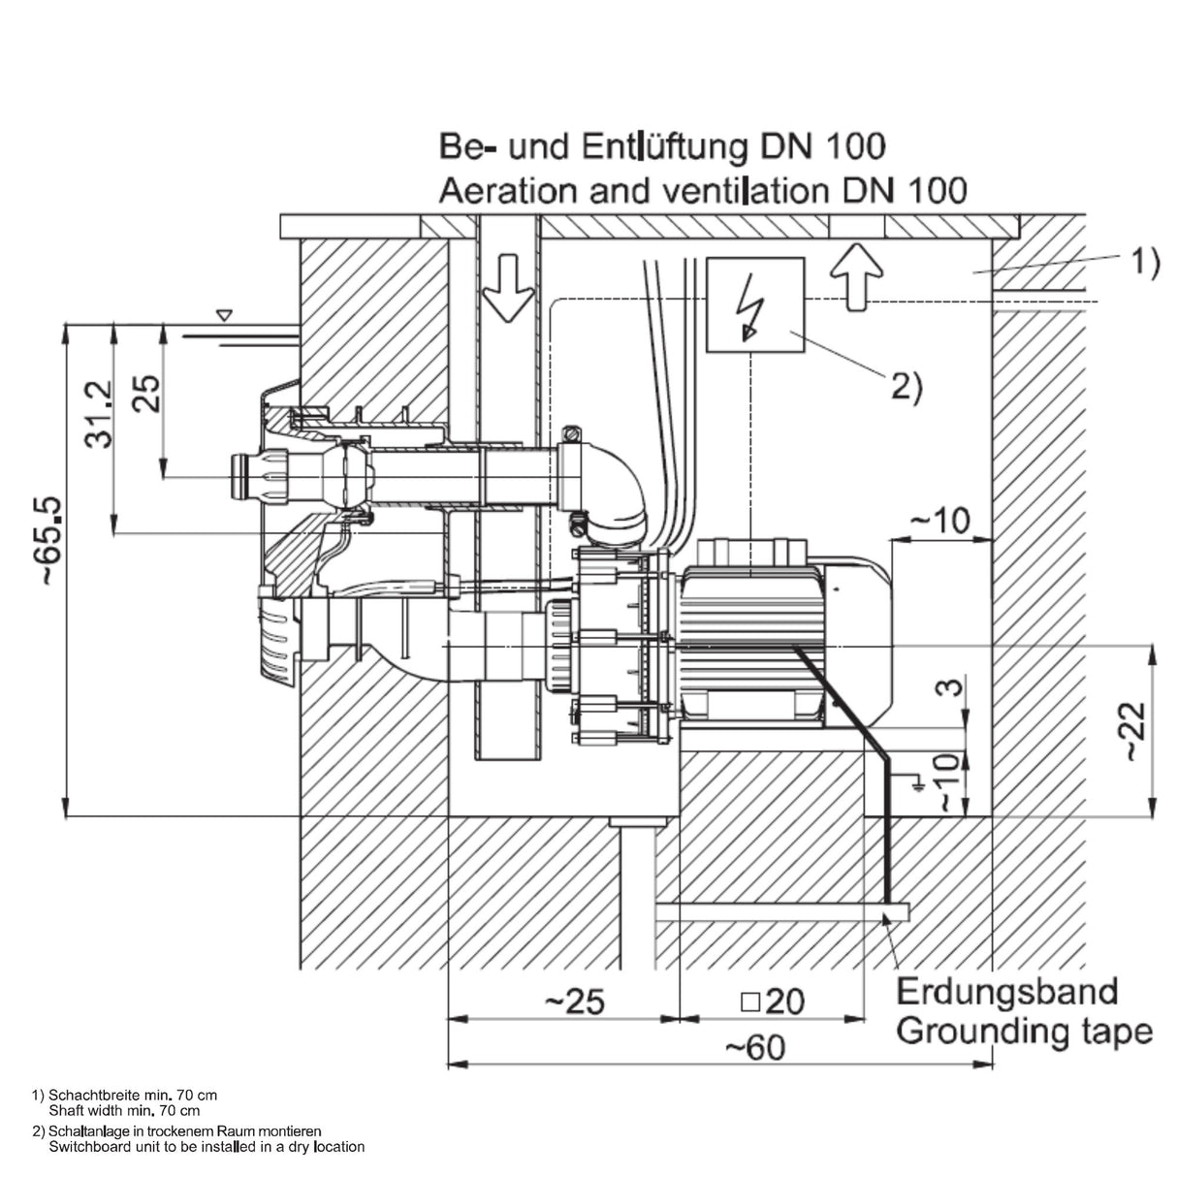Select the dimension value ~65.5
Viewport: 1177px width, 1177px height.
point(51,541)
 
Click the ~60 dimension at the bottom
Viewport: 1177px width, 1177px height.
point(755,1047)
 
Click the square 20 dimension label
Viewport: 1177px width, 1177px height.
point(773,1002)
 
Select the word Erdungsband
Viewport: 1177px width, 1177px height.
point(1006,991)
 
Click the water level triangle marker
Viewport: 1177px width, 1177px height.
point(225,314)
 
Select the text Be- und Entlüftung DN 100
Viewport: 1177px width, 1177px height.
point(662,146)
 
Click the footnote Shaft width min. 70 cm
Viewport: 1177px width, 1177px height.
point(124,1110)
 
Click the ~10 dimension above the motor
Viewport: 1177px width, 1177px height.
point(939,521)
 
